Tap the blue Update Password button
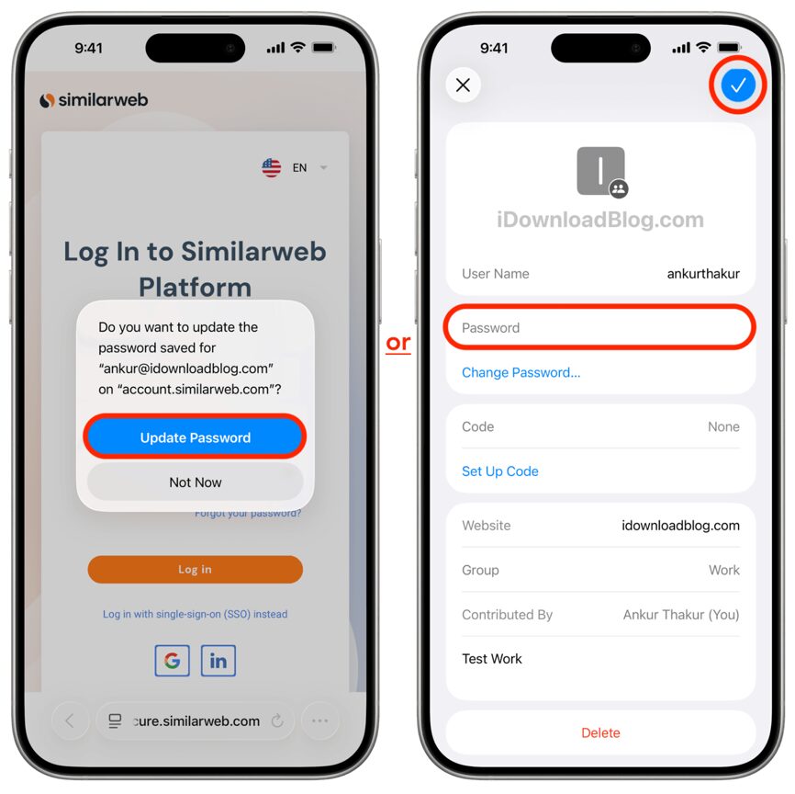point(195,437)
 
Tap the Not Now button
point(195,482)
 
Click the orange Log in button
point(195,570)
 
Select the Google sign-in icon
point(172,661)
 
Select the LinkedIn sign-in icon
point(218,661)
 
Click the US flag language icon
point(272,167)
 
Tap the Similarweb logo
point(94,100)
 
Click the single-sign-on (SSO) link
point(195,614)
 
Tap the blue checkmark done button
point(737,85)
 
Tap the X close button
point(464,85)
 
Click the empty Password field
point(599,328)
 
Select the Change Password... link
point(521,372)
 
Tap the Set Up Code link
point(499,471)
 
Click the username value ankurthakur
point(703,274)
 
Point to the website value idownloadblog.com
point(680,526)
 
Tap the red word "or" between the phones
point(397,343)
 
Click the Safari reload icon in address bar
point(277,721)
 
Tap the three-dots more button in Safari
point(319,721)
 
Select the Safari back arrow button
point(70,721)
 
